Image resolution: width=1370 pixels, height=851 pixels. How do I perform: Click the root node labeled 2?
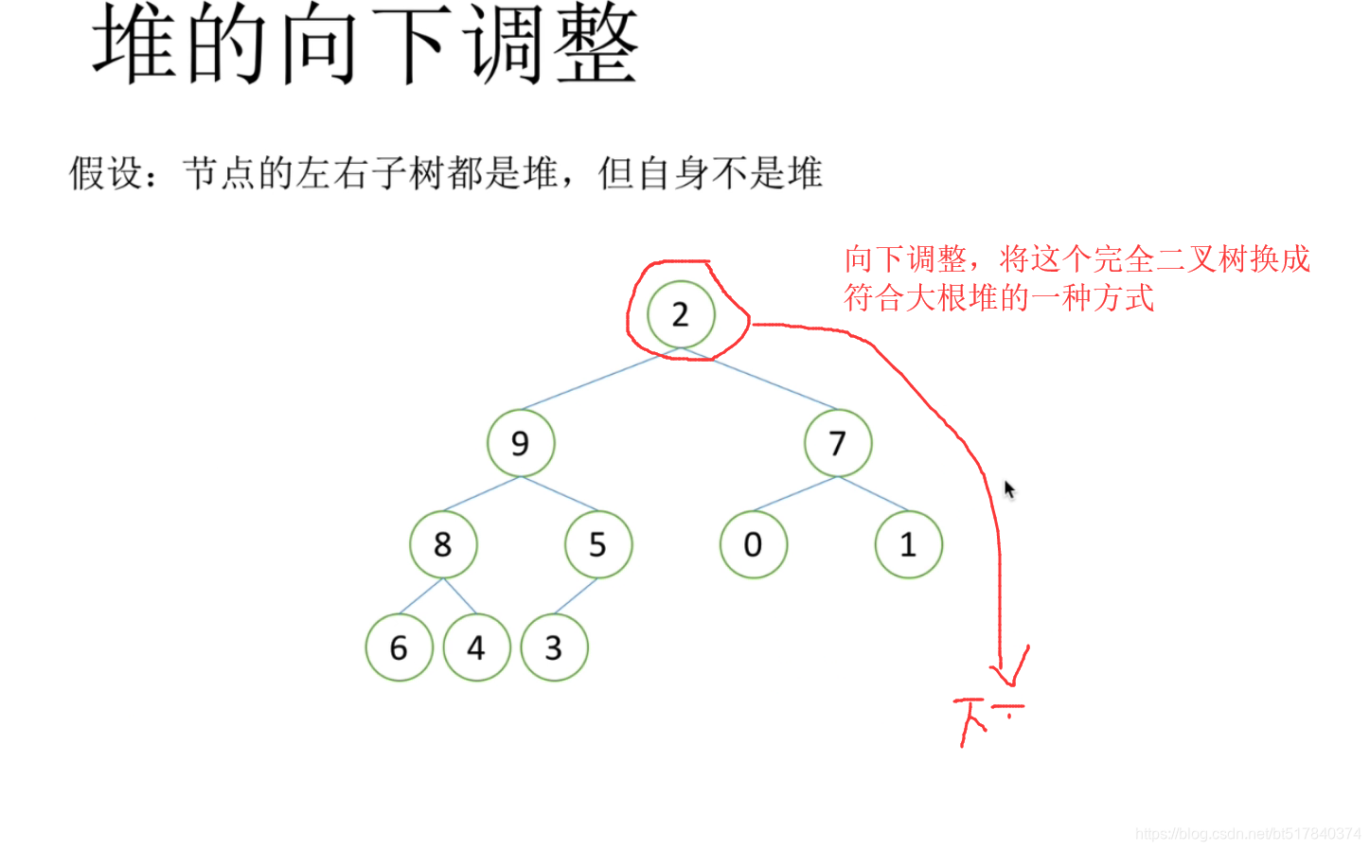681,314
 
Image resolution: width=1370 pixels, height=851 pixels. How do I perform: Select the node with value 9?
521,443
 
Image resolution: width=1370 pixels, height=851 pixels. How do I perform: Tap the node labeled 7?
838,443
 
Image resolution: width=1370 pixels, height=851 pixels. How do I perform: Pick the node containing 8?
443,544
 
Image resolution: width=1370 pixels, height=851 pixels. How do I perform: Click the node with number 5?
598,544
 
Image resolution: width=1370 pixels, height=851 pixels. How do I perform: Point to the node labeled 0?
754,544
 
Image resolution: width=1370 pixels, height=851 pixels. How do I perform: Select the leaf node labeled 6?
399,647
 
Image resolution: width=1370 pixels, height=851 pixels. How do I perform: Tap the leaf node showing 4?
476,647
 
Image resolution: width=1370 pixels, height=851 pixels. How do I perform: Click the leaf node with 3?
554,647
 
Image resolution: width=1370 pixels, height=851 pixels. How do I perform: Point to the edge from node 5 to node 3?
576,595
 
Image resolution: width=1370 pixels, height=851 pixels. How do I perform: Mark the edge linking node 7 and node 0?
795,494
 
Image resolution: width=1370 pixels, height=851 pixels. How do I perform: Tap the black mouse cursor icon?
1009,489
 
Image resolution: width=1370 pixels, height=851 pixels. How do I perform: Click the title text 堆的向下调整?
365,44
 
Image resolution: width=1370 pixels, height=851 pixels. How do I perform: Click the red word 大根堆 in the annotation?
936,298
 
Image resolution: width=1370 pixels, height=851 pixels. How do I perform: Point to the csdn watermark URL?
1247,834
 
